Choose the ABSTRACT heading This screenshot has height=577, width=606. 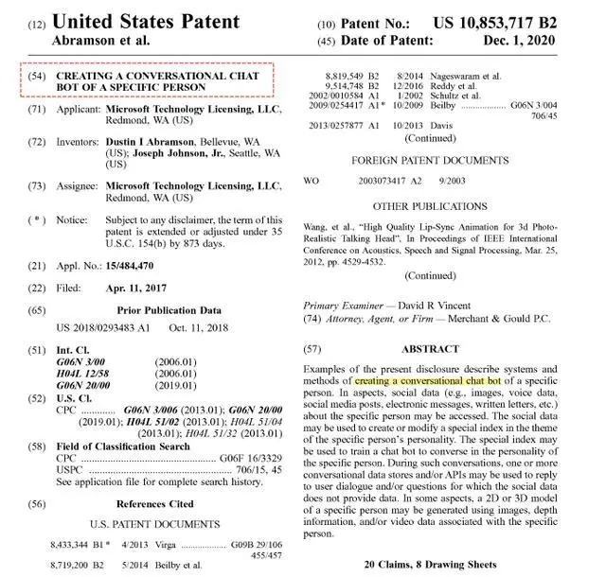pyautogui.click(x=431, y=349)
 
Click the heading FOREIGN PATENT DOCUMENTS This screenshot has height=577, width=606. pyautogui.click(x=430, y=161)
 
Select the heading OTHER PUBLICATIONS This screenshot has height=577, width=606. pyautogui.click(x=430, y=206)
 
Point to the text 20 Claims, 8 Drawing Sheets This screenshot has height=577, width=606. pyautogui.click(x=430, y=565)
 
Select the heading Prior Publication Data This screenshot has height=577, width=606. pyautogui.click(x=169, y=309)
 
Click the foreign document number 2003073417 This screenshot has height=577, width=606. pyautogui.click(x=386, y=180)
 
